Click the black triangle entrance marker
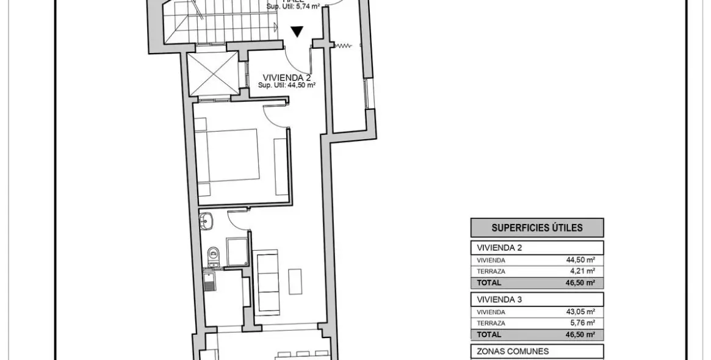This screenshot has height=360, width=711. pos(297,32)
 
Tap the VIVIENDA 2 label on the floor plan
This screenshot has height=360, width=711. pos(287,77)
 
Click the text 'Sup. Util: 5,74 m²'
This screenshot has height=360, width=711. pos(294,7)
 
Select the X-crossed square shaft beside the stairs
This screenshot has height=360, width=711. pos(213,74)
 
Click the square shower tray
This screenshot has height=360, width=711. pos(237,251)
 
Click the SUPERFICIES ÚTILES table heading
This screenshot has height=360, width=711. pos(537,228)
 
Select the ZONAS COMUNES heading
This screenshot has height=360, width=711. pos(505,351)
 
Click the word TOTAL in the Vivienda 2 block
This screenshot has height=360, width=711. pos(489,283)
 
